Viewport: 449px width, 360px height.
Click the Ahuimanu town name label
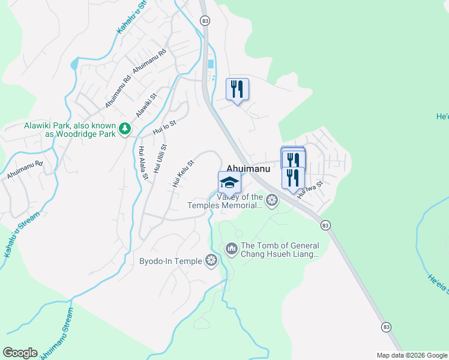click(248, 169)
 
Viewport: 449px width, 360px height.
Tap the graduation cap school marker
click(229, 182)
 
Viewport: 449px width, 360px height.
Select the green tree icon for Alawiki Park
click(125, 129)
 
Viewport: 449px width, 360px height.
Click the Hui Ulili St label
click(159, 158)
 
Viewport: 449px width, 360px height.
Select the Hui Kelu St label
click(183, 173)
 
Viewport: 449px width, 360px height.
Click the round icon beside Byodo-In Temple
click(211, 260)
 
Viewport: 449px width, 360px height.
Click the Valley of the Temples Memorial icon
click(273, 200)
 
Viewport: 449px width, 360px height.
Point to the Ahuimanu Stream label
click(57, 335)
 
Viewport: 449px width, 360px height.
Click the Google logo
click(20, 353)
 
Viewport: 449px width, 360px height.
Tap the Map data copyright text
click(411, 355)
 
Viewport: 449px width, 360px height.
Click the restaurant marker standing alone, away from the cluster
click(237, 89)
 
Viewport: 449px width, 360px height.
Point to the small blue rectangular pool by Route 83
click(209, 64)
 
